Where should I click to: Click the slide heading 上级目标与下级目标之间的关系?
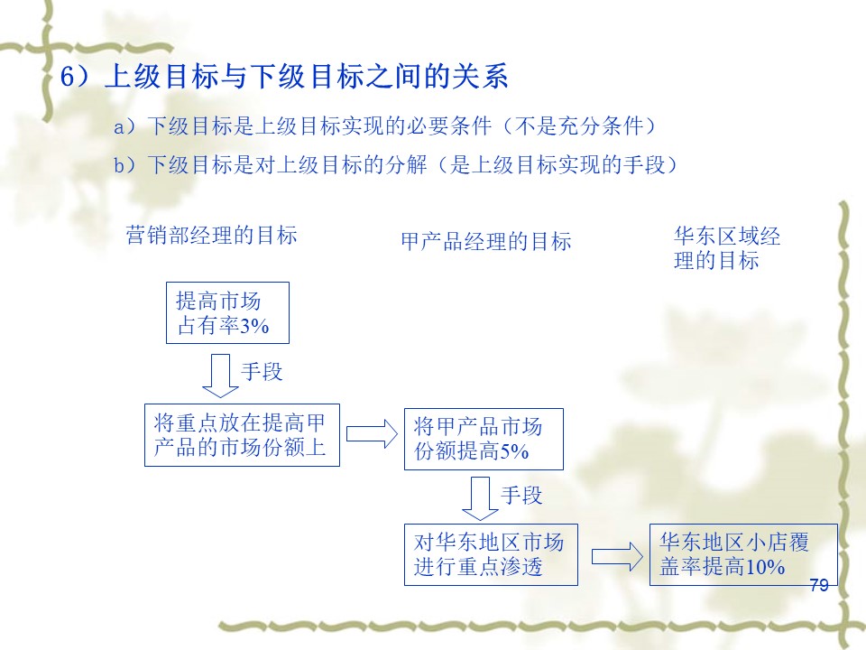pos(307,76)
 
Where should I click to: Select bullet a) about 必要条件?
pos(385,126)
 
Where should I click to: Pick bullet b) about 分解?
pos(395,164)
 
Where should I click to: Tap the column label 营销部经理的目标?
pos(211,236)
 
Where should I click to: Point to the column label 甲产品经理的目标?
pos(486,242)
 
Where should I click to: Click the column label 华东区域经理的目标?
pos(727,248)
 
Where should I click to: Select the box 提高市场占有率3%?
pos(227,313)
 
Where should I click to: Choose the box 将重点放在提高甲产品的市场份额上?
pos(242,435)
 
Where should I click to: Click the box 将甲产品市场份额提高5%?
pos(484,440)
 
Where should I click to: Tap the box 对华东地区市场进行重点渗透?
pos(491,554)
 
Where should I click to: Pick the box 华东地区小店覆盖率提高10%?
pos(743,554)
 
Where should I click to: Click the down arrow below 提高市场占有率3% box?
pos(220,376)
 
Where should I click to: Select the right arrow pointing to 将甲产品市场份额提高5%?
pos(372,434)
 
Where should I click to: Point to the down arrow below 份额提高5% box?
pos(480,498)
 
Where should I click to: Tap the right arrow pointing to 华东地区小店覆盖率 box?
pos(617,557)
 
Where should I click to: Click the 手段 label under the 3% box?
pos(262,371)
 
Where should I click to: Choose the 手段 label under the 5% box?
pos(521,496)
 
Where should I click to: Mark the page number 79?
pos(819,585)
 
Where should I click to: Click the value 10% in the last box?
pos(765,567)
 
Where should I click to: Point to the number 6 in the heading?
pos(67,77)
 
